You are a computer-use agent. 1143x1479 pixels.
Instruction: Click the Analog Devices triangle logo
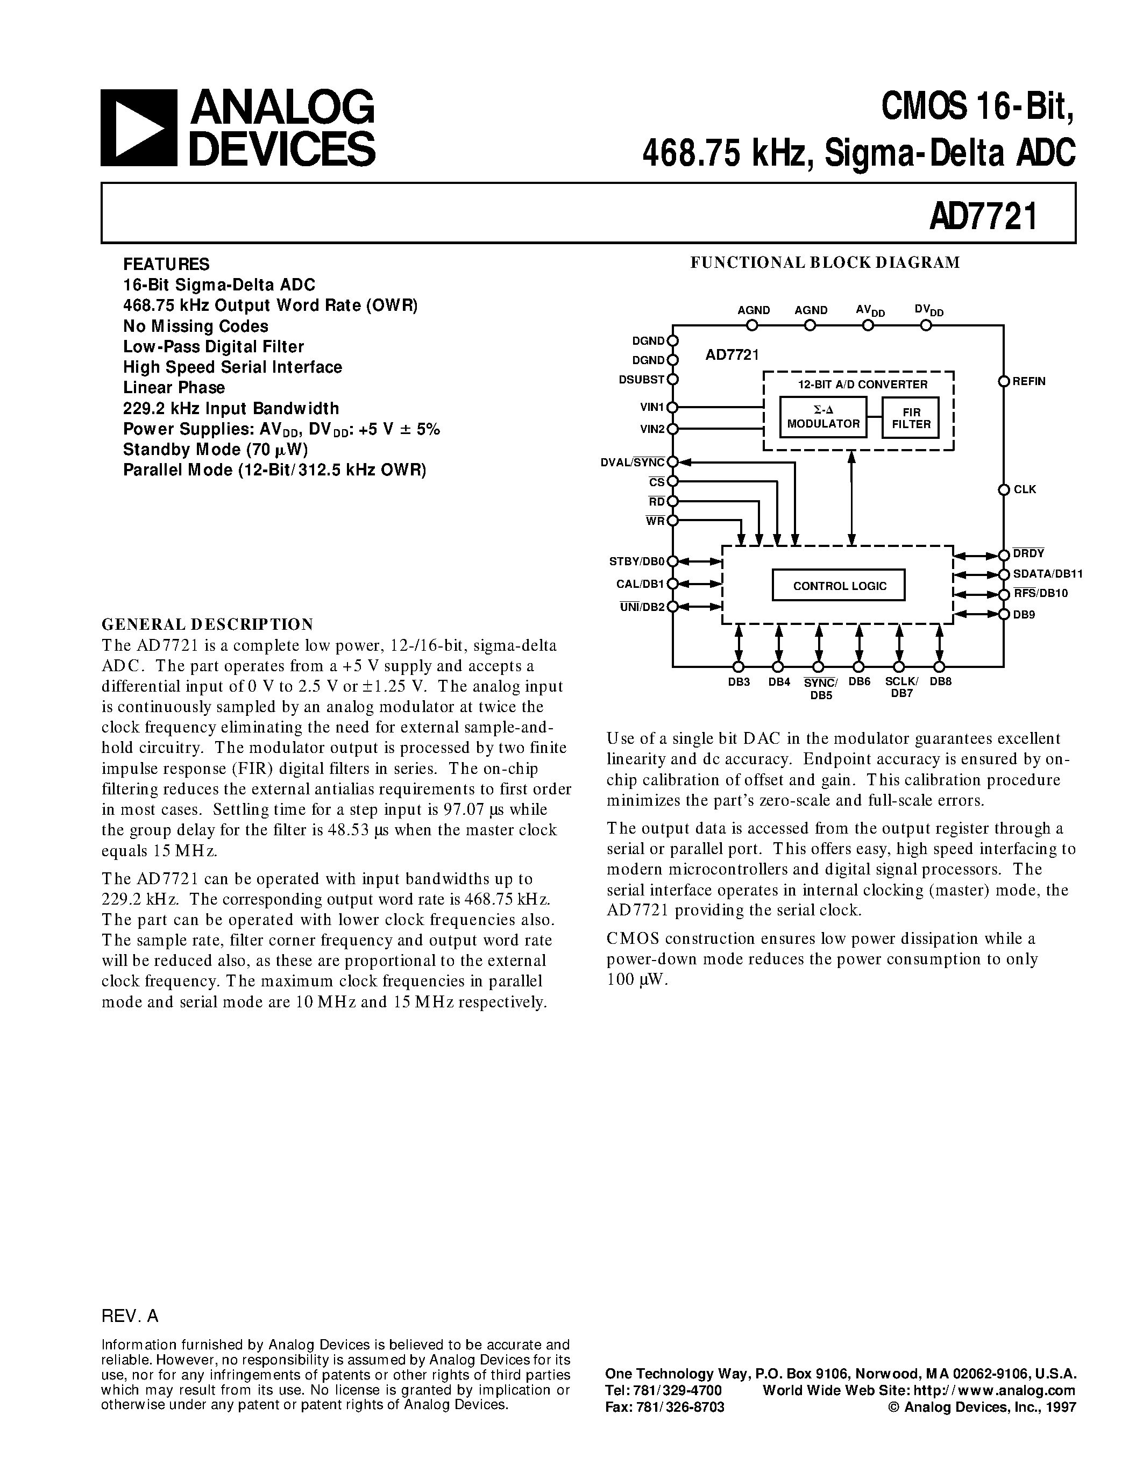tap(139, 128)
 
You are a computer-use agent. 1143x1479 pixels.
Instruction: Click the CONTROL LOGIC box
tap(839, 586)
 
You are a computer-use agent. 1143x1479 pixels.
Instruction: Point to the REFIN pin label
tap(1030, 381)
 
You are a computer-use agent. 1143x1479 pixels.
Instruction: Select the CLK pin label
tap(1025, 489)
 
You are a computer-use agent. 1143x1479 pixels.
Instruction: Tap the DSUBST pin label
tap(641, 379)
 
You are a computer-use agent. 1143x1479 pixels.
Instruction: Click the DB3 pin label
tap(739, 682)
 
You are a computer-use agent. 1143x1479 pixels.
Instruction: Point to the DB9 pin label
tap(1024, 615)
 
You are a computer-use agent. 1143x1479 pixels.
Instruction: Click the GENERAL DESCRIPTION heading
tap(207, 624)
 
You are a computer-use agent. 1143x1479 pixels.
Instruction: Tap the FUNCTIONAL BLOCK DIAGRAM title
tap(825, 263)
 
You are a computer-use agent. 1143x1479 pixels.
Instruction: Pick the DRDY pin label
tap(1028, 554)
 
